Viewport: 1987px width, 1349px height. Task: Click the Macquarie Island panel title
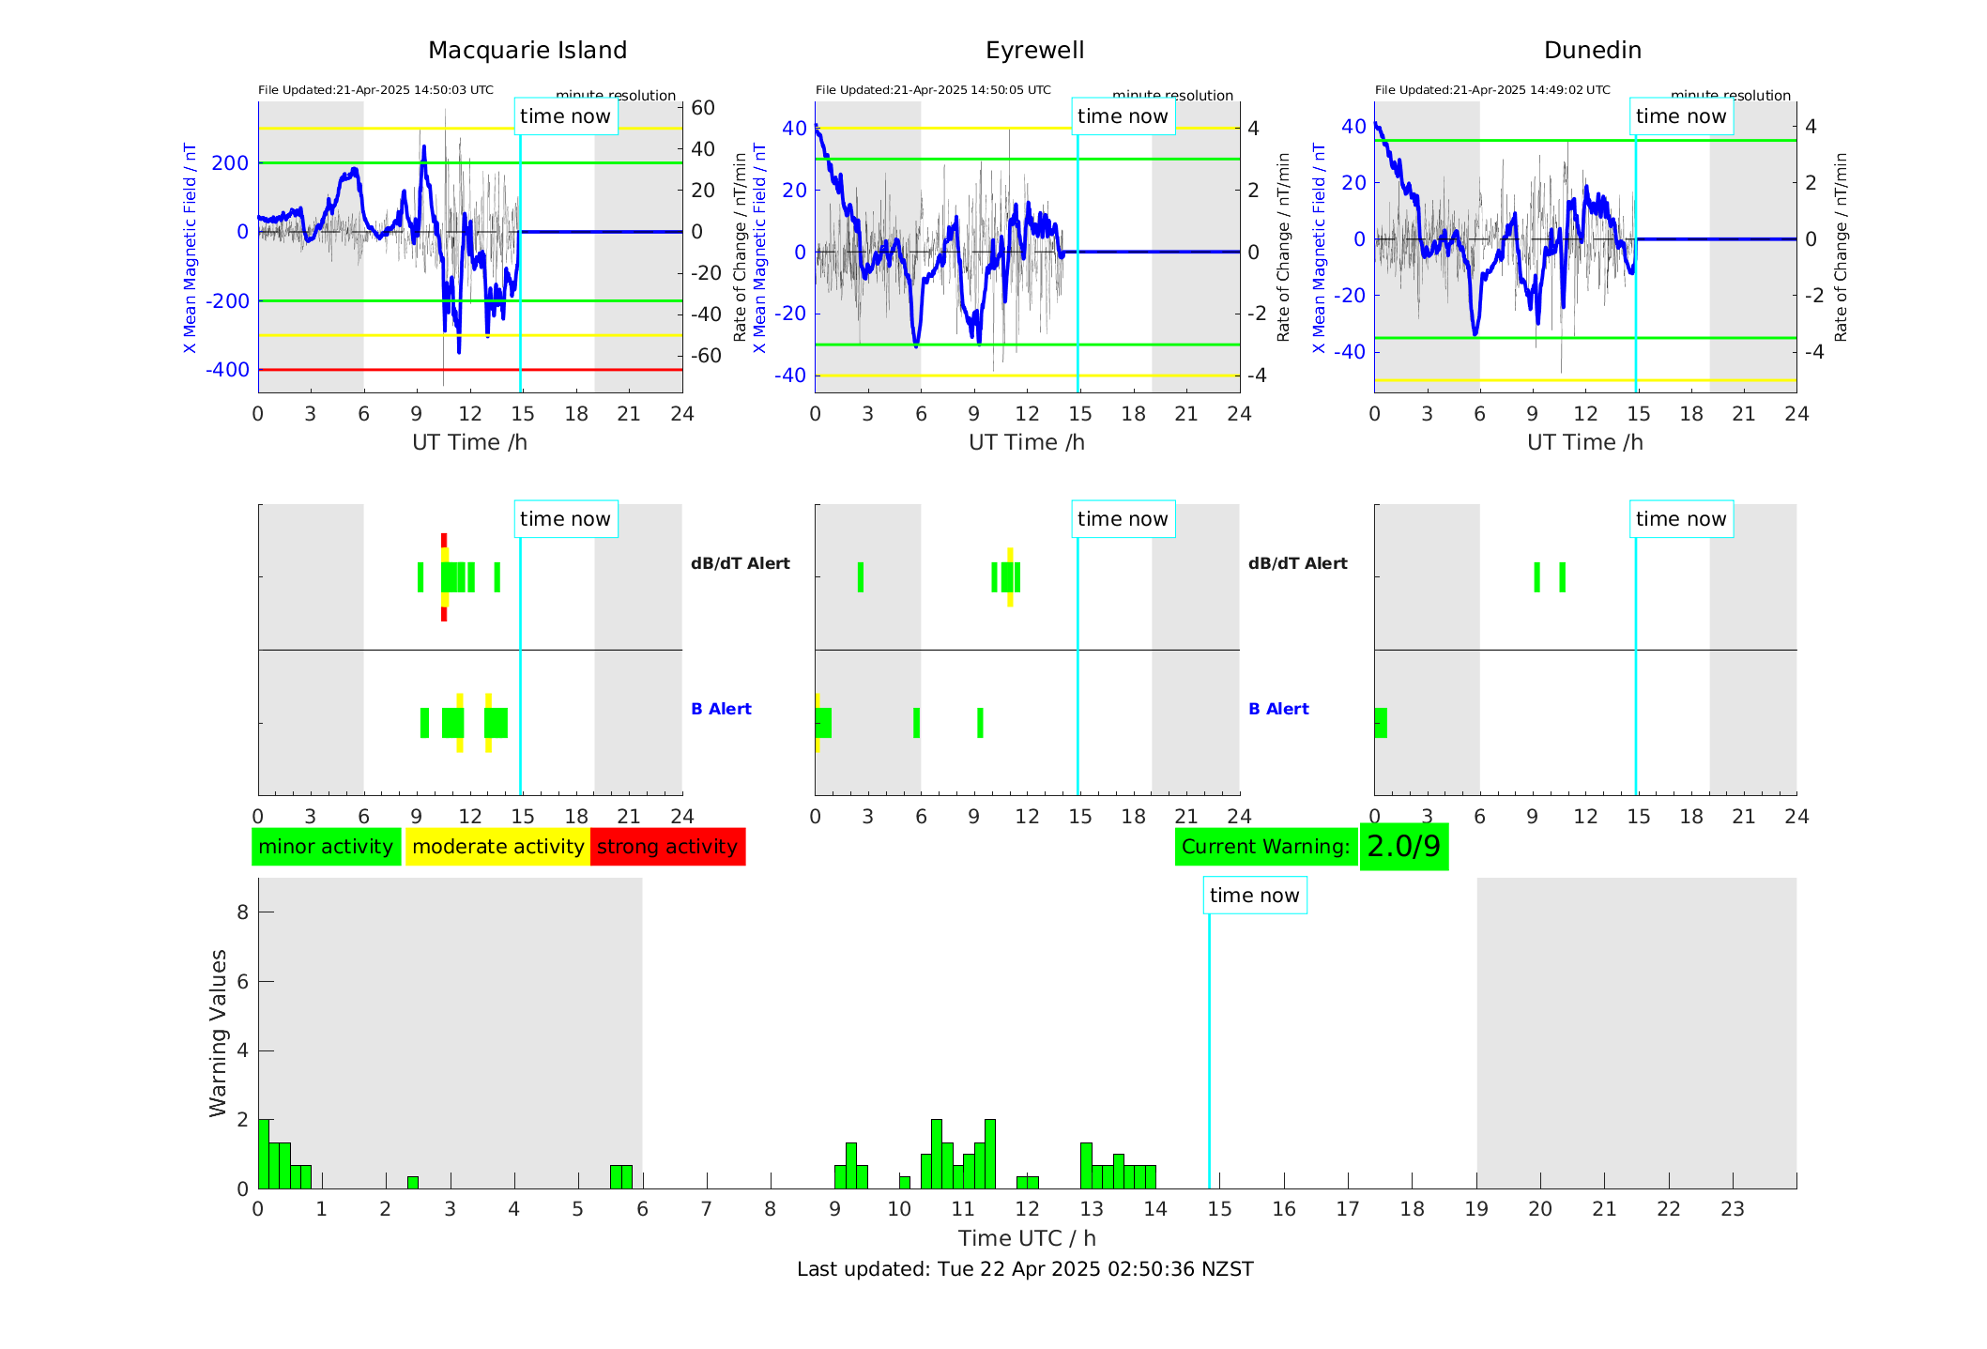tap(527, 51)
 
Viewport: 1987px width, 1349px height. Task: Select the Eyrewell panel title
tap(1034, 51)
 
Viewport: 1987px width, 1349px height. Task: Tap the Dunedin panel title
tap(1592, 51)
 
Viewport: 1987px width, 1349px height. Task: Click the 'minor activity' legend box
tap(326, 847)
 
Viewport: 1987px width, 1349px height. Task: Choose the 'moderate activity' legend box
tap(497, 847)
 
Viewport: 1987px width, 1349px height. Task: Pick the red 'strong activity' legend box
tap(667, 847)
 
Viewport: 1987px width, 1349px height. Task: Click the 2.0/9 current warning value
tap(1403, 847)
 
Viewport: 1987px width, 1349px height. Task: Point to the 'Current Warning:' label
tap(1265, 847)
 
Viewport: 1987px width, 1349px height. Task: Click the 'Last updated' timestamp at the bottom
tap(1025, 1269)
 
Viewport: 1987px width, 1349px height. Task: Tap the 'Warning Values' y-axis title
tap(219, 1033)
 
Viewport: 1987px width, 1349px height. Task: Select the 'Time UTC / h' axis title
tap(1027, 1238)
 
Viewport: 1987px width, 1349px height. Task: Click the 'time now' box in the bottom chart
tap(1254, 896)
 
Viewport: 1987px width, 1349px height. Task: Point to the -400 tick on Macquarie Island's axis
tap(228, 370)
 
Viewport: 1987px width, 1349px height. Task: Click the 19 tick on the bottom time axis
tap(1476, 1209)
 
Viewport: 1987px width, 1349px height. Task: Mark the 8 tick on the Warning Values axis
tap(242, 912)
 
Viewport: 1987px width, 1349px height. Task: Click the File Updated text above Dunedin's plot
tap(1492, 90)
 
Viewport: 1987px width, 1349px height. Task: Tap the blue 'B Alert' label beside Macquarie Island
tap(721, 709)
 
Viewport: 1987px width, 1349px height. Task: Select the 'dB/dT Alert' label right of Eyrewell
tap(1297, 563)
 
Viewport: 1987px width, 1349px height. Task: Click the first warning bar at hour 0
tap(264, 1154)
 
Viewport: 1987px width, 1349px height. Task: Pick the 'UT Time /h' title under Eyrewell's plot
tap(1027, 442)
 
